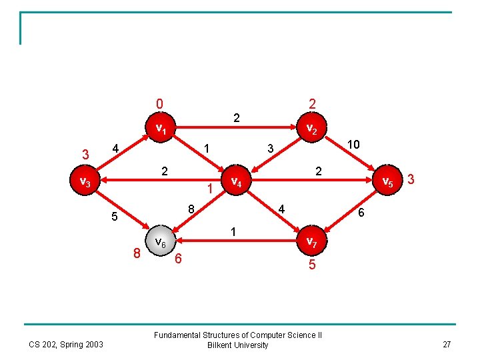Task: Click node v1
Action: pos(161,127)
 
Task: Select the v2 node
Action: pos(311,127)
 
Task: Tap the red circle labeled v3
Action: pos(85,180)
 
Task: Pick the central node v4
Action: pos(236,180)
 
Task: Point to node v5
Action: pos(387,180)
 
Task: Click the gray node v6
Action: pos(161,241)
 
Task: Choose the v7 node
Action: pos(311,241)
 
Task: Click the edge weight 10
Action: pos(353,144)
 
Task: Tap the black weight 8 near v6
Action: pos(191,209)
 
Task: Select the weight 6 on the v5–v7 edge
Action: pos(361,213)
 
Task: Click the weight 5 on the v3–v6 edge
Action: pos(115,217)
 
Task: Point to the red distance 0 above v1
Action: pos(159,104)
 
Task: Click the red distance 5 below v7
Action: pos(312,264)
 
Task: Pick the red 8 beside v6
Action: pos(137,253)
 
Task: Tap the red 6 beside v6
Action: pos(178,259)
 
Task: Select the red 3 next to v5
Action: pos(411,179)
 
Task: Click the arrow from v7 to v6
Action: pos(236,241)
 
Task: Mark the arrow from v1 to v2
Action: pos(236,127)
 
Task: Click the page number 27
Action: pos(447,345)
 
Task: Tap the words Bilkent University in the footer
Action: pos(238,345)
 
